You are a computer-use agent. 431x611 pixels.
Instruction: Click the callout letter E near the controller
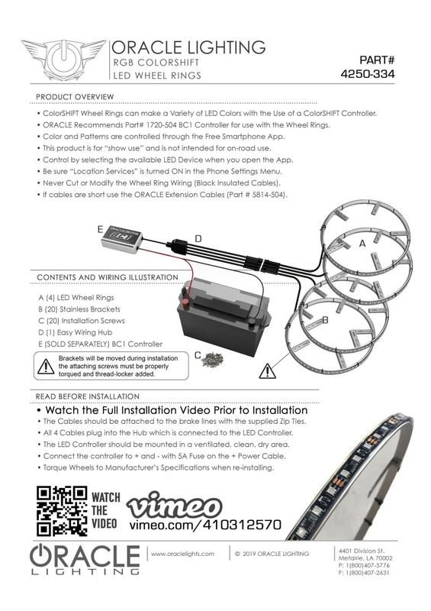pyautogui.click(x=100, y=228)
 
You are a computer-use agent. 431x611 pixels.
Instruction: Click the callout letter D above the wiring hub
pyautogui.click(x=198, y=239)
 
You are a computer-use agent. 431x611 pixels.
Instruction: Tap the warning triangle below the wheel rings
pyautogui.click(x=269, y=373)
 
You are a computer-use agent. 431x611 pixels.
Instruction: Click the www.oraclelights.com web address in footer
pyautogui.click(x=183, y=553)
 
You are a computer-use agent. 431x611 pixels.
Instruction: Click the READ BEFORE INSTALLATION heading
pyautogui.click(x=87, y=396)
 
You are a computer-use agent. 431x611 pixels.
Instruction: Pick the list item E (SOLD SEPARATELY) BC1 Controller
pyautogui.click(x=100, y=344)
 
